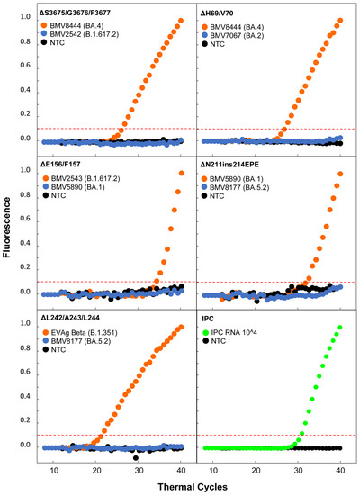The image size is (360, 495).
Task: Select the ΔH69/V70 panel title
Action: click(221, 10)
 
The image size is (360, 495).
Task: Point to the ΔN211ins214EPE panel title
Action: click(236, 165)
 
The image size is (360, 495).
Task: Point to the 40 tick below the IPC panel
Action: click(340, 470)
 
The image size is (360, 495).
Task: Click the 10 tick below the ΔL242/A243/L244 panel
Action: click(53, 470)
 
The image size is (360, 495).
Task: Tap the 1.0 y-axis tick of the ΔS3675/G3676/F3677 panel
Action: click(26, 20)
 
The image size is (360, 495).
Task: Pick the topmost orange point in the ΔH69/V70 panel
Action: click(340, 20)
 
